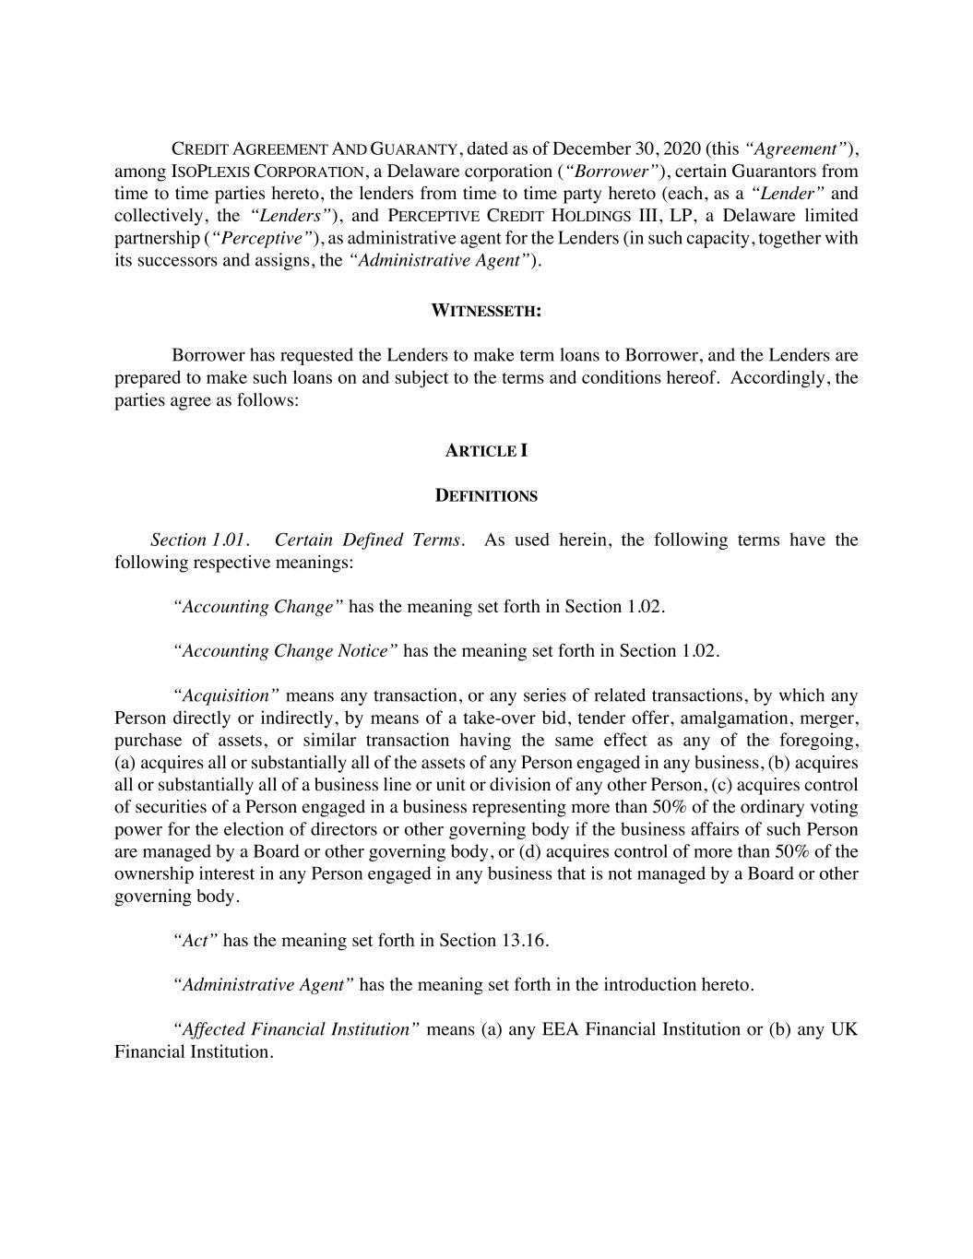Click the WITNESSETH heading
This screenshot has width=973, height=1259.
pos(486,311)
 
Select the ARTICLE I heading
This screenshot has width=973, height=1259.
pos(486,451)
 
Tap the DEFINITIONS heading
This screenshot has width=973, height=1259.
pos(486,496)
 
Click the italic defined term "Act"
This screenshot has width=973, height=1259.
pos(196,941)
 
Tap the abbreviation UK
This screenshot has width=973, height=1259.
pos(844,1029)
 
